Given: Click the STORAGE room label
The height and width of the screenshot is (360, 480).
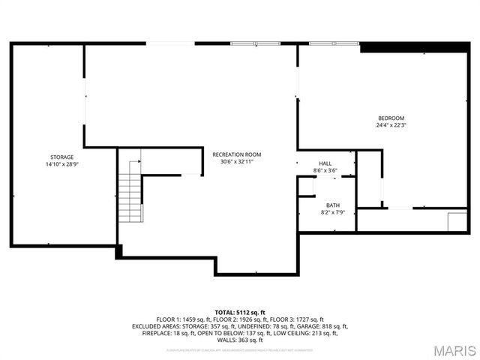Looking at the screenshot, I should (x=61, y=157).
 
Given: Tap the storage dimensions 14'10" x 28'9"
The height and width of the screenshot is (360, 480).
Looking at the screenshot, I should (x=61, y=163).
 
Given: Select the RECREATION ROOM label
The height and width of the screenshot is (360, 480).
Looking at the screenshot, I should (x=236, y=154).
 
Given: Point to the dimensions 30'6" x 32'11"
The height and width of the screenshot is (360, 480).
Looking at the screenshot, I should (x=236, y=161).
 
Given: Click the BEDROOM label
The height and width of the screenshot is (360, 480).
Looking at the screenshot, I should (x=391, y=118).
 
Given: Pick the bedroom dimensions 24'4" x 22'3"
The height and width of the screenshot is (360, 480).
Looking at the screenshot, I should (x=391, y=125).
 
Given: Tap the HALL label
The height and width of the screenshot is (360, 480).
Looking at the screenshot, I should (x=325, y=163).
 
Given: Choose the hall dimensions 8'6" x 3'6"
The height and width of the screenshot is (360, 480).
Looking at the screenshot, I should (x=325, y=170).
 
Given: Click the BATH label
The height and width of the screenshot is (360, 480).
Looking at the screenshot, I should (x=332, y=205).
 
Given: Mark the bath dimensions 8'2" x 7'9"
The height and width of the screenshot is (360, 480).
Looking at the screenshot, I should (x=332, y=212).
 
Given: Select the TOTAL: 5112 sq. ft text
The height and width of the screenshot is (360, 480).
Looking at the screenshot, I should (x=240, y=312).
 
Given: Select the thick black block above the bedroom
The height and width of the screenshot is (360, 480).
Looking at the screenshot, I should (x=414, y=47).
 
